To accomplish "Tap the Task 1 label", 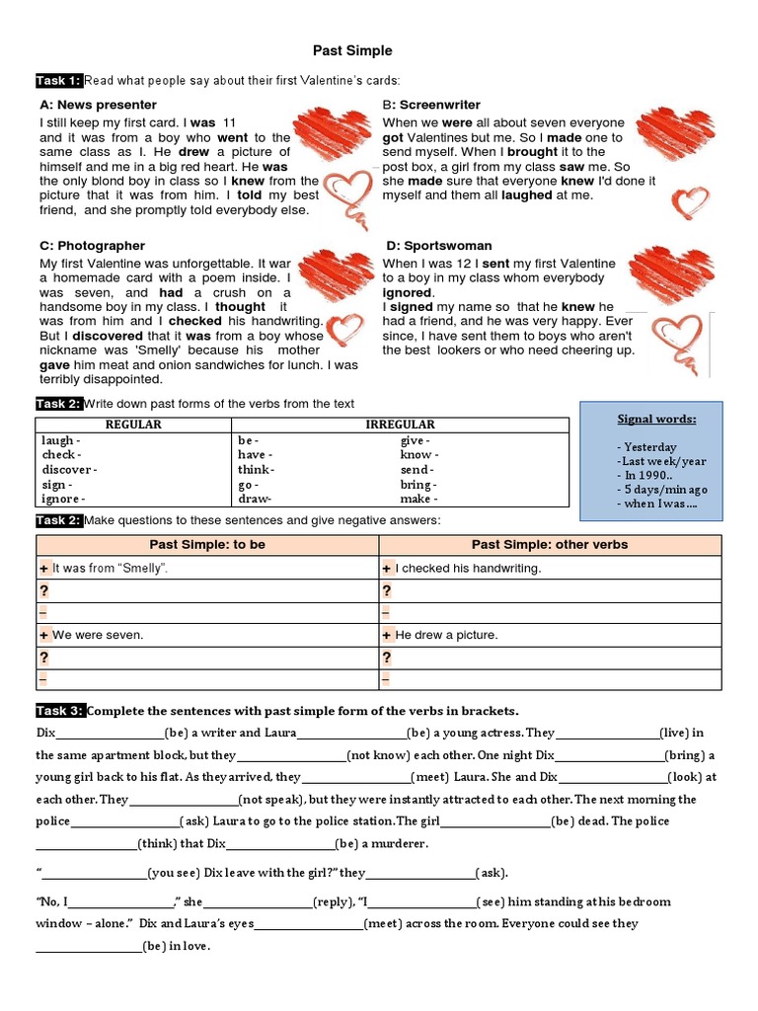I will click(x=59, y=80).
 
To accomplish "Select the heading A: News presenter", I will click(x=98, y=105).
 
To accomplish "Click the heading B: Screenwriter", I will click(x=431, y=105).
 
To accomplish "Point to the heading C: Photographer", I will click(x=92, y=245).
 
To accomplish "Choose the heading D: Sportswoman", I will click(x=436, y=245).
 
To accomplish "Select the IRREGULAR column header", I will click(x=401, y=425).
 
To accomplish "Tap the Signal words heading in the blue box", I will click(x=656, y=419).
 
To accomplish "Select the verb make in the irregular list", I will click(x=417, y=500).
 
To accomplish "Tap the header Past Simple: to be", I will click(x=207, y=544).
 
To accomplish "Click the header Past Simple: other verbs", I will click(x=549, y=544).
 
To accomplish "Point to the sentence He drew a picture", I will click(x=446, y=635).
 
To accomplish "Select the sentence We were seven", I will click(x=98, y=635).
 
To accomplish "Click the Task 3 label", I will click(x=59, y=710).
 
